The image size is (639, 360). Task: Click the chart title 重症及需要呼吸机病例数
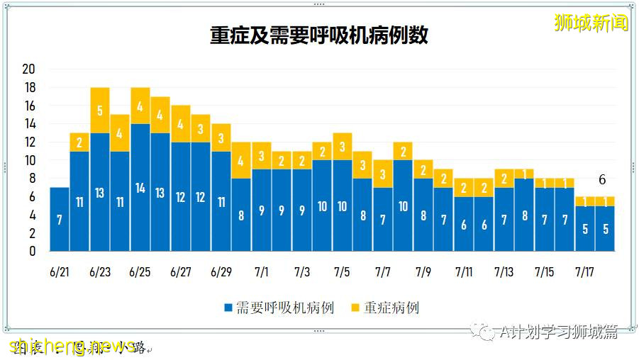[x=319, y=35]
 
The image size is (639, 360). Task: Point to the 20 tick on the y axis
[x=29, y=69]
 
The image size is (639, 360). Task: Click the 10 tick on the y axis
[x=29, y=160]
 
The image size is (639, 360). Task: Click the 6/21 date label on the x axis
[x=60, y=272]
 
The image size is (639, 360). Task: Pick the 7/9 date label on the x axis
[x=423, y=272]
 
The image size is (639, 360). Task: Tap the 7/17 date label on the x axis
[x=585, y=272]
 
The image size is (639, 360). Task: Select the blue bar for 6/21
[x=60, y=220]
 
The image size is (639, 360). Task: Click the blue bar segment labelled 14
[x=140, y=188]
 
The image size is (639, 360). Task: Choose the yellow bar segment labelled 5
[x=100, y=111]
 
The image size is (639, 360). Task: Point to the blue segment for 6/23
[x=100, y=192]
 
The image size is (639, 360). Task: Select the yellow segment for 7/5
[x=343, y=147]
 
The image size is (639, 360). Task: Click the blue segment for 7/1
[x=262, y=210]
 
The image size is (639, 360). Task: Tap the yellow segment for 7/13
[x=504, y=179]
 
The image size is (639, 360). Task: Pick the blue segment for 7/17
[x=585, y=228]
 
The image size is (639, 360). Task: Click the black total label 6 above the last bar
[x=602, y=180]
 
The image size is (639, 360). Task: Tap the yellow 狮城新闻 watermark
[x=591, y=23]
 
